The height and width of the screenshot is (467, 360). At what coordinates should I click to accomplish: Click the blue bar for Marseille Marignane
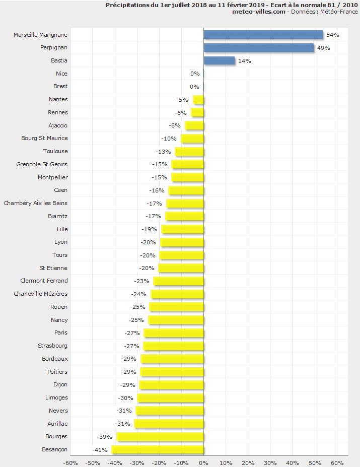click(263, 35)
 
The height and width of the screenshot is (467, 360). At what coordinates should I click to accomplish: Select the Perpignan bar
click(258, 47)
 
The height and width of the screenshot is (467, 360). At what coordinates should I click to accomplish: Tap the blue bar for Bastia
click(219, 60)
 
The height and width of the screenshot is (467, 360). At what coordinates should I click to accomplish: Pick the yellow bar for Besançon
click(157, 449)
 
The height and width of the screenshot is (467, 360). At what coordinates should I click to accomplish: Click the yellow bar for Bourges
click(160, 436)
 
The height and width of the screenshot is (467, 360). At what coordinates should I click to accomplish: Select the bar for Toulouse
click(189, 151)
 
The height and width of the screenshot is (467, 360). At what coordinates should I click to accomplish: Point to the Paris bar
click(173, 332)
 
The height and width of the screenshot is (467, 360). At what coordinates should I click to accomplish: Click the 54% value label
click(333, 35)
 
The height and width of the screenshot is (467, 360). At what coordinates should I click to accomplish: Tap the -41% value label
click(100, 449)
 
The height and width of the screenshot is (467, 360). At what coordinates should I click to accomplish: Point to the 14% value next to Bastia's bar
click(245, 61)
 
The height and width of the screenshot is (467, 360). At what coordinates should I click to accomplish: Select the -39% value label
click(105, 436)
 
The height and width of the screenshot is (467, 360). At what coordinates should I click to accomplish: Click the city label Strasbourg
click(52, 346)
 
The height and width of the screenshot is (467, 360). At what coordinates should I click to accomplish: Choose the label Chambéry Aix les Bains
click(36, 203)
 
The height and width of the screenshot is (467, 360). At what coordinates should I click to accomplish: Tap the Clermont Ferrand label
click(44, 281)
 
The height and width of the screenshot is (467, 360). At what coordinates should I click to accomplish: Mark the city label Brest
click(60, 86)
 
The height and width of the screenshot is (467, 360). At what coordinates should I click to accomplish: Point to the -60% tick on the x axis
click(70, 462)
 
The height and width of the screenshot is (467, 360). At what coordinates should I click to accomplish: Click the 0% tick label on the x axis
click(203, 462)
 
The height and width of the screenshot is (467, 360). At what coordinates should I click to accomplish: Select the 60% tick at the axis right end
click(337, 462)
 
